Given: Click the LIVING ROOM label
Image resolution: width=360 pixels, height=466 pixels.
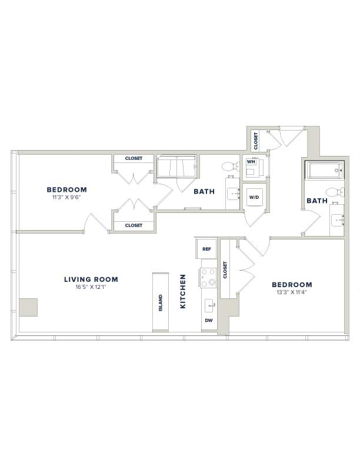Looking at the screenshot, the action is point(91,279).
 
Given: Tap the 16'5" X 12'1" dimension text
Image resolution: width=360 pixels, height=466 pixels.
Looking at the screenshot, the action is point(91,287).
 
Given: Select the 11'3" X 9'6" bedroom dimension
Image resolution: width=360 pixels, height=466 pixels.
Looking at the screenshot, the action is point(67,197).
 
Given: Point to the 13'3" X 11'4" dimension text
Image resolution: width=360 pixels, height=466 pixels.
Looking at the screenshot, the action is point(292,292).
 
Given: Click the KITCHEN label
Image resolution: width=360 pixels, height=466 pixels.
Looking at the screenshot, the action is point(183,291).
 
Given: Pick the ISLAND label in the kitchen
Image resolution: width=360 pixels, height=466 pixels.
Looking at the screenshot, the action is point(161,303).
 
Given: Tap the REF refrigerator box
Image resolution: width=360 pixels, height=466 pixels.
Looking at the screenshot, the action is point(206,249).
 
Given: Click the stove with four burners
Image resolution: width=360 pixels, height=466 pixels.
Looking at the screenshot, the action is point(208,278).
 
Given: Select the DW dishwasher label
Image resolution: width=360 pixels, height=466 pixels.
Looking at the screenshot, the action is point(209,321).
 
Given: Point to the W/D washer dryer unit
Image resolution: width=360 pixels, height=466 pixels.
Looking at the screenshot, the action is point(254,197).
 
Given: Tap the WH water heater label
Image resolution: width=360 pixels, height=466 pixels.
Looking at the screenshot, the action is point(251,162).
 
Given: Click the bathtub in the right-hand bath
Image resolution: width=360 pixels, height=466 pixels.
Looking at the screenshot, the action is point(325,170).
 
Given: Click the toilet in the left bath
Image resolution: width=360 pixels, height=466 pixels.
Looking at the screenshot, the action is point(231,167).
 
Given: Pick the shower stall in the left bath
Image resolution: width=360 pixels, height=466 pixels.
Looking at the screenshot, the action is point(176,167).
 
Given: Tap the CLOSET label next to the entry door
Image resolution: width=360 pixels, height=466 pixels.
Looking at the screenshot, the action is point(256,141).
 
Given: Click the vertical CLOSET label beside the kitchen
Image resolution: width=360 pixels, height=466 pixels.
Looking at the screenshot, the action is point(225,270).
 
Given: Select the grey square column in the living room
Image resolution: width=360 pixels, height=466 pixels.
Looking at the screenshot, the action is point(28,307).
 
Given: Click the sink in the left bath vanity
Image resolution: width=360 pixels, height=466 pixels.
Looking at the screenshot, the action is point(234,194).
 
